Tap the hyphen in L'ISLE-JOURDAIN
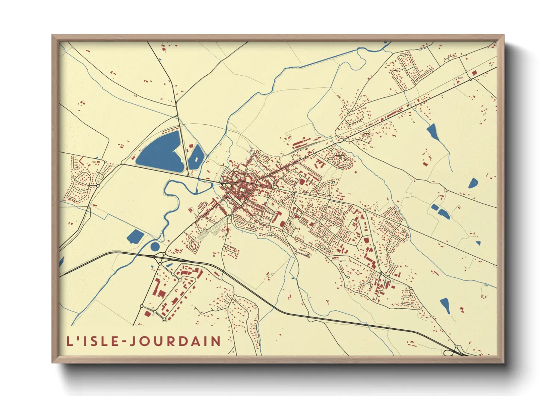124,341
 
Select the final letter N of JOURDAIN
216,341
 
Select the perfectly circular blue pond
155,246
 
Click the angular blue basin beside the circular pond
135,236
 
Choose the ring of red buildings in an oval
194,245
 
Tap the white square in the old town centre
244,192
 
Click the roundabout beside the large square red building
470,79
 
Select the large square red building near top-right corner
475,73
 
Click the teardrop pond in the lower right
445,305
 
